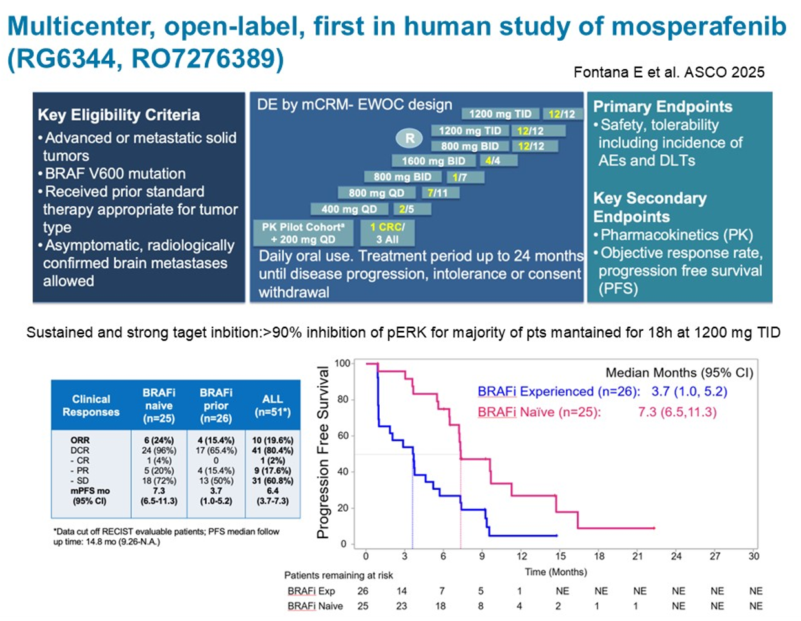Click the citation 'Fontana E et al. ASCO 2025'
(x=669, y=72)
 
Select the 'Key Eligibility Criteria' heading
(x=118, y=115)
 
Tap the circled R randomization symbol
(x=410, y=138)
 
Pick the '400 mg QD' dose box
(x=349, y=209)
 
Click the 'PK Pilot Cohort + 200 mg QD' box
(x=303, y=233)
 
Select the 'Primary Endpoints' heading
(x=662, y=107)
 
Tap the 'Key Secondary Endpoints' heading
(x=649, y=207)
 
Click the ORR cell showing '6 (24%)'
(x=158, y=440)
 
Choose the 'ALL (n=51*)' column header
(x=273, y=405)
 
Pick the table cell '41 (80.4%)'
(x=273, y=450)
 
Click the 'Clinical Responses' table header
(x=90, y=405)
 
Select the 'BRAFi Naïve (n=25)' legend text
(x=539, y=412)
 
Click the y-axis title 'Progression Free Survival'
(x=323, y=452)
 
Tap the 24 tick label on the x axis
(x=676, y=556)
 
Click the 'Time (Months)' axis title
(x=556, y=572)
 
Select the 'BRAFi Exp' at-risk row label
(x=311, y=591)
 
